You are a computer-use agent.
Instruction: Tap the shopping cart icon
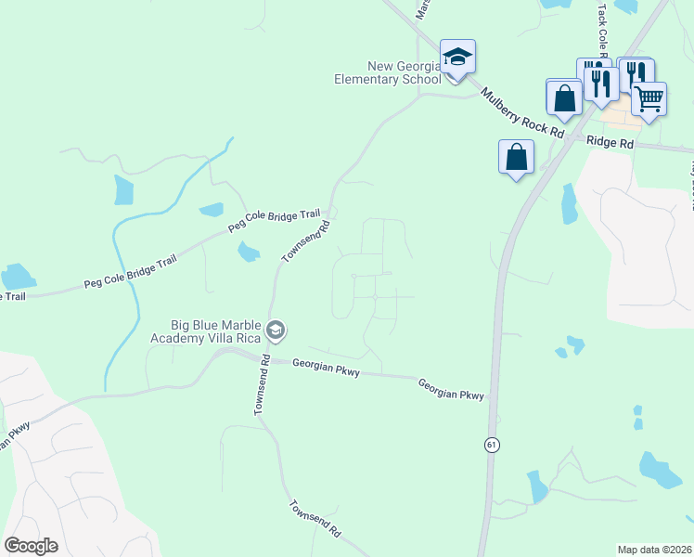click(649, 98)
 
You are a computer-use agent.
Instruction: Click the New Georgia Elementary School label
click(390, 72)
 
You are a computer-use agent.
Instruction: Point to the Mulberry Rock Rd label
click(522, 112)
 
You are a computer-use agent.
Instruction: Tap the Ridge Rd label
click(610, 144)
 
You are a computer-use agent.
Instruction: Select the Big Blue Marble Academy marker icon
click(275, 330)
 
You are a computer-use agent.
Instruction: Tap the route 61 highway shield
click(490, 447)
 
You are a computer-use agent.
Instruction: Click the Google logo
click(31, 546)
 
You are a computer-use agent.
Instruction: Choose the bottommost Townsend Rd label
click(315, 521)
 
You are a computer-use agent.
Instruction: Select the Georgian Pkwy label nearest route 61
click(450, 389)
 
